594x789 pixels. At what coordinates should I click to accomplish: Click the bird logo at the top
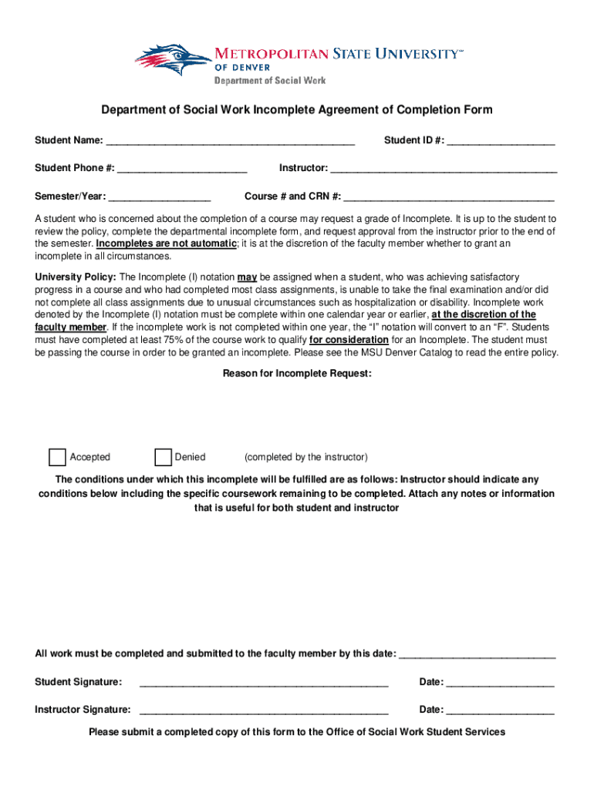[x=174, y=60]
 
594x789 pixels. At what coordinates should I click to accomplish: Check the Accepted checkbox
[x=57, y=457]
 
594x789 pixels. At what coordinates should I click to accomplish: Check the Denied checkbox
[x=163, y=457]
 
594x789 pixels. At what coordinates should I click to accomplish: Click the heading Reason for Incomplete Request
[x=297, y=374]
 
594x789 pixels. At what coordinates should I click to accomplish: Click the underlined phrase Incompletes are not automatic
[x=167, y=243]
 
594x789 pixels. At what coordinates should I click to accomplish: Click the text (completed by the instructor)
[x=305, y=457]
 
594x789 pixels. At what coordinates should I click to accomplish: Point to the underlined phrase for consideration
[x=349, y=340]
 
